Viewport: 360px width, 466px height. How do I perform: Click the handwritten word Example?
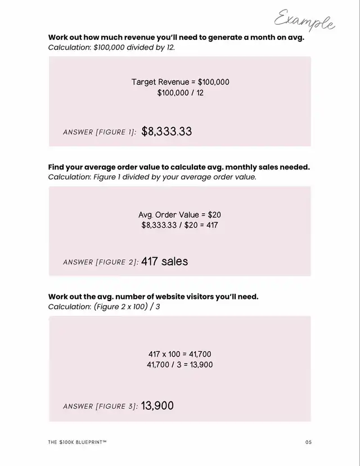304,21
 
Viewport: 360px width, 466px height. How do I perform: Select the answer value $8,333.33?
166,132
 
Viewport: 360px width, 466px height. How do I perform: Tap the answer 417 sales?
164,261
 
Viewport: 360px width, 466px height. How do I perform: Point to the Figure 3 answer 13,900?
157,405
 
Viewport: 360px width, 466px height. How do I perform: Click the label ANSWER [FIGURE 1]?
100,132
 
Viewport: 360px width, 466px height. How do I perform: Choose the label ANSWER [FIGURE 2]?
101,262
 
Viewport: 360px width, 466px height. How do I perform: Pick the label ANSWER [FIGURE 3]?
100,406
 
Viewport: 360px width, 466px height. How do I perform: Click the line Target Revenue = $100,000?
180,82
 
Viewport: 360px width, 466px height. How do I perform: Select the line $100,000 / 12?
180,93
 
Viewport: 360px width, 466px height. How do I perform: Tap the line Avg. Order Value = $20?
180,215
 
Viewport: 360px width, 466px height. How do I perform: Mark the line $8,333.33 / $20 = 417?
180,225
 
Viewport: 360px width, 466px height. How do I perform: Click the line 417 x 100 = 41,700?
180,355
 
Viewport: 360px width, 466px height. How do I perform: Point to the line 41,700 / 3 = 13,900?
180,365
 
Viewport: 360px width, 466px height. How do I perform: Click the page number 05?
308,442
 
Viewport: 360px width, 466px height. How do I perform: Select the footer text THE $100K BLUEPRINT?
77,442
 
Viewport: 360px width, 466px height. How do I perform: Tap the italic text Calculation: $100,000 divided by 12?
111,47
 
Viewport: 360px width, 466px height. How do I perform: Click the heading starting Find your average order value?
179,167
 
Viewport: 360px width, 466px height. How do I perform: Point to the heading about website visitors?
153,297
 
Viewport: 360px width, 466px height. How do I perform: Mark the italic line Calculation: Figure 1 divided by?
152,177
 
